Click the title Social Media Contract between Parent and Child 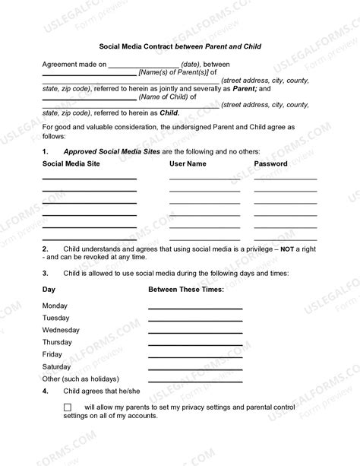point(180,46)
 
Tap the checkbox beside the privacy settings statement point(68,407)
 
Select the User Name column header point(188,163)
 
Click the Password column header point(270,163)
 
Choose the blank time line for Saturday point(194,368)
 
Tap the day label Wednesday point(61,330)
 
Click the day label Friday point(52,354)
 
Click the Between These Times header point(185,290)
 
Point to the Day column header point(49,290)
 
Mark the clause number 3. point(46,272)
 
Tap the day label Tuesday point(55,318)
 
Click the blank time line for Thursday point(194,344)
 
